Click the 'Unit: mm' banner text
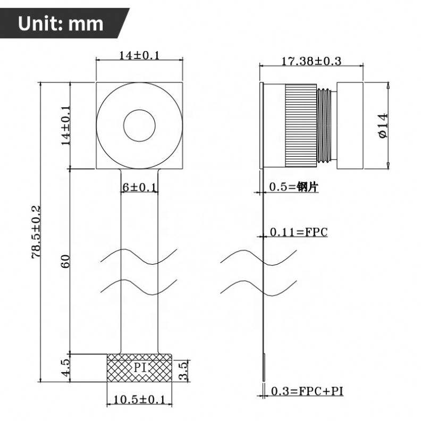tap(61, 23)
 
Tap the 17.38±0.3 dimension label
tap(311, 61)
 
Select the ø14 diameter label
tap(384, 125)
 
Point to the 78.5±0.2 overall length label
tap(36, 232)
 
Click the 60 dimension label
tap(65, 261)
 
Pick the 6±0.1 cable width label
tap(139, 187)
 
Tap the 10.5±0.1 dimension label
tap(139, 400)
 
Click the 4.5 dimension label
tap(65, 368)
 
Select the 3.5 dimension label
tap(183, 371)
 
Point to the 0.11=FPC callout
tap(299, 232)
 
